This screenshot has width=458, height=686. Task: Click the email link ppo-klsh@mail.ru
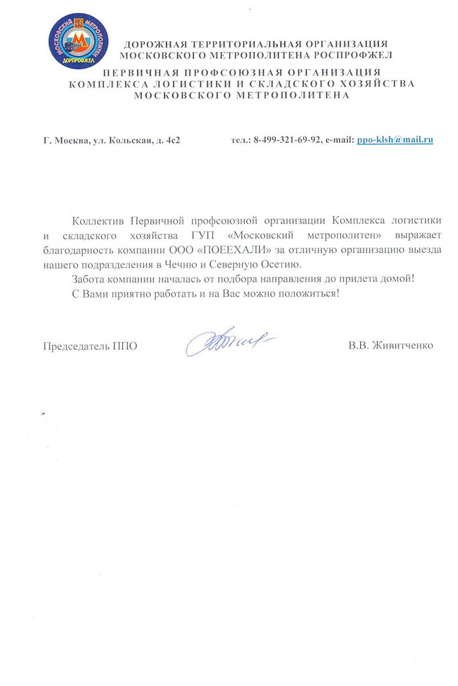click(x=394, y=139)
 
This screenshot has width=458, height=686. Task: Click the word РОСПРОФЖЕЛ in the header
click(x=353, y=55)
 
